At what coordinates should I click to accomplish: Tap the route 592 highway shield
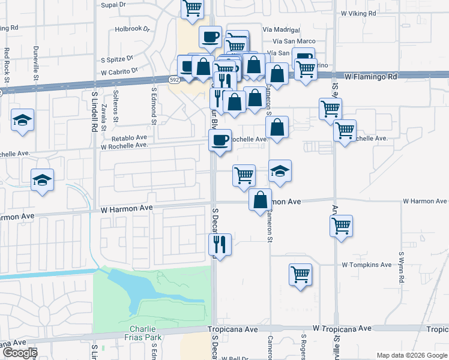174,80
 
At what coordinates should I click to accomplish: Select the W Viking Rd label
358,13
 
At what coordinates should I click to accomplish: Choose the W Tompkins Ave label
366,265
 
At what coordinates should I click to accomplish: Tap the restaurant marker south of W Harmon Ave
220,244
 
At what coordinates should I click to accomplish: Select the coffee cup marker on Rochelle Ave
220,140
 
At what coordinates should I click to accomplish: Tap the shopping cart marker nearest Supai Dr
192,8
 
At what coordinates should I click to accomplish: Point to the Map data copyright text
412,355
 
